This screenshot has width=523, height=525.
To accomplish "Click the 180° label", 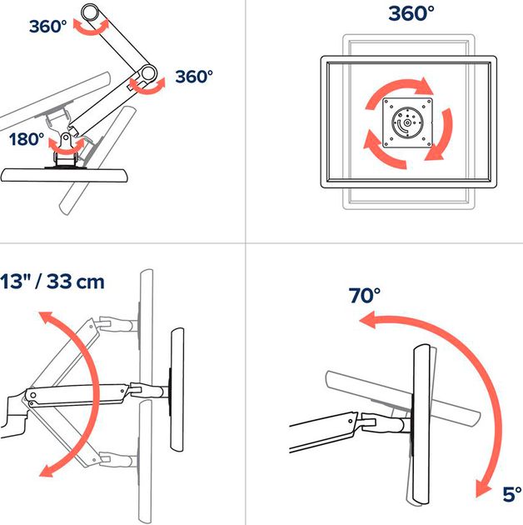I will (x=27, y=139).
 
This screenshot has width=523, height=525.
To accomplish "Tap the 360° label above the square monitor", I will (x=411, y=14).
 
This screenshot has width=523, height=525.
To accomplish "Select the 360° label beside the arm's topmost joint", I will (x=47, y=26).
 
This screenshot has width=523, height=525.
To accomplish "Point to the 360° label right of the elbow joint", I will (x=195, y=77).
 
